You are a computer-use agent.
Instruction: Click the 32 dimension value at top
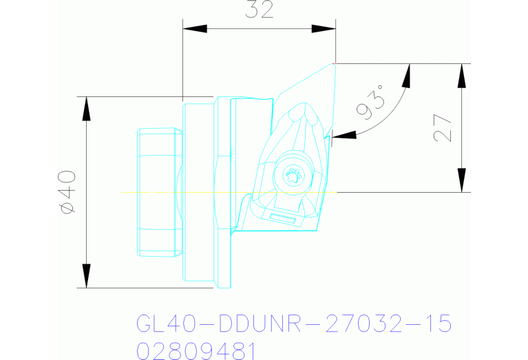259,10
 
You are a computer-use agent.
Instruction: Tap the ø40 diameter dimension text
67,193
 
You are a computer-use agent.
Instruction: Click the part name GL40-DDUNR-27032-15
294,324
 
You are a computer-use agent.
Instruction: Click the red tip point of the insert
335,63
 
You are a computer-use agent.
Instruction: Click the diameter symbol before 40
67,207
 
